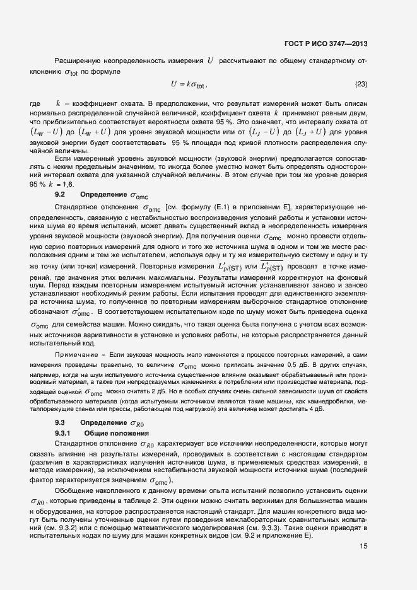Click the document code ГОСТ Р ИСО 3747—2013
click(x=326, y=44)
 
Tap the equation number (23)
click(x=361, y=84)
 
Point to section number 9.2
click(x=61, y=195)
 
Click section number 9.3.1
click(x=64, y=434)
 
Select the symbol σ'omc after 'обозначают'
click(x=82, y=311)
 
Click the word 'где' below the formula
click(x=35, y=103)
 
